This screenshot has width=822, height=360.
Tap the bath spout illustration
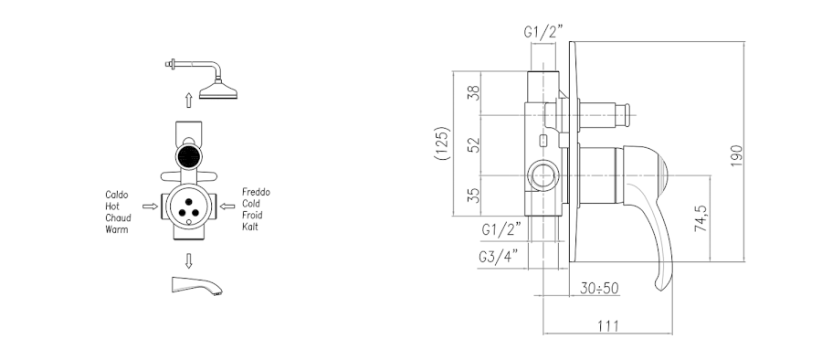196,285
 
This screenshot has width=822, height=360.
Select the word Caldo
116,195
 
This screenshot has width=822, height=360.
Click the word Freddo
256,192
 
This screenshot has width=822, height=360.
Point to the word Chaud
118,217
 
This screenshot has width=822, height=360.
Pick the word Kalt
250,227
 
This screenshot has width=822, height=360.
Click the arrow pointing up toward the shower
189,101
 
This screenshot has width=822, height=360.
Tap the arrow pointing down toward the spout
189,260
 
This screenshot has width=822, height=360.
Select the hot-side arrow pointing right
150,206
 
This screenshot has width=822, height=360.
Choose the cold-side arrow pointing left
227,206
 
